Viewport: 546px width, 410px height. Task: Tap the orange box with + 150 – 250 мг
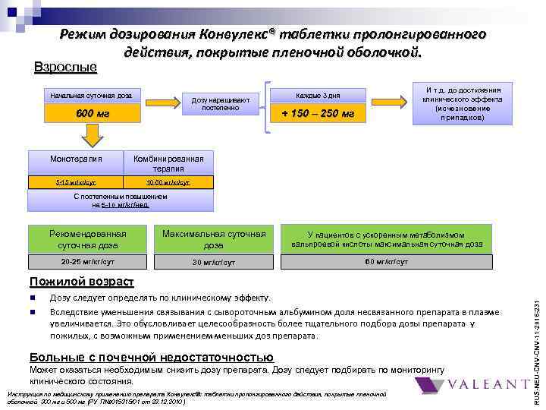pyautogui.click(x=318, y=114)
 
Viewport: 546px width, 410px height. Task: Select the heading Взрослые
pyautogui.click(x=66, y=68)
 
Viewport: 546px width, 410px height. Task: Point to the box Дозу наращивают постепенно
pyautogui.click(x=221, y=104)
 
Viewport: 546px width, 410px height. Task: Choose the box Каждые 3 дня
pyautogui.click(x=318, y=96)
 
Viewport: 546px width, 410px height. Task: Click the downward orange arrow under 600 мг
pyautogui.click(x=92, y=137)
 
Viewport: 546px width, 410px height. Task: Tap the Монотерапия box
pyautogui.click(x=76, y=160)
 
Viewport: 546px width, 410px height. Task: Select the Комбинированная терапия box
pyautogui.click(x=168, y=163)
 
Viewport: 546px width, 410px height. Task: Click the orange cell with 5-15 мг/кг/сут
pyautogui.click(x=76, y=183)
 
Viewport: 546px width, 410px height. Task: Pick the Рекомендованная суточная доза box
pyautogui.click(x=87, y=240)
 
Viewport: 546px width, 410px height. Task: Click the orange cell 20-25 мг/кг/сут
pyautogui.click(x=87, y=261)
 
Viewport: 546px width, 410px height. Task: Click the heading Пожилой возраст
pyautogui.click(x=81, y=282)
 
